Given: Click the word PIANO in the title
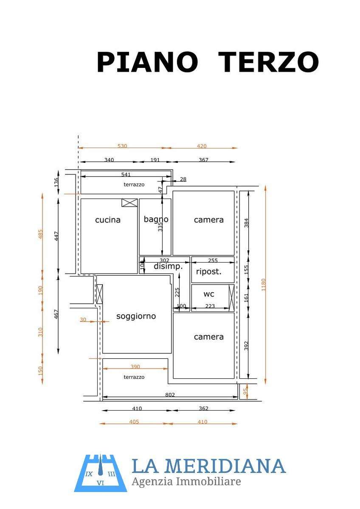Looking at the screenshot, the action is click(147, 62).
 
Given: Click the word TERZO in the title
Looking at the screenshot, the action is click(268, 62).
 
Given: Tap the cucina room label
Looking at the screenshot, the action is click(108, 220).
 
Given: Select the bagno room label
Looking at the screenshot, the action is click(156, 220).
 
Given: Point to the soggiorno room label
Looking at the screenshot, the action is click(136, 316).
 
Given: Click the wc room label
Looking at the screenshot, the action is click(209, 294).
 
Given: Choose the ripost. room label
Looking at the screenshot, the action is click(209, 271).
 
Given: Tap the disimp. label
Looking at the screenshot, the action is click(168, 266).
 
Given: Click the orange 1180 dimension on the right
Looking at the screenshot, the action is click(263, 285).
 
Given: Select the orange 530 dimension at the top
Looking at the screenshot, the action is click(122, 145).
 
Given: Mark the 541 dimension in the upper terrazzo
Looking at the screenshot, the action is click(126, 174).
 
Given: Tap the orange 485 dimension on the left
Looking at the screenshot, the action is click(40, 234).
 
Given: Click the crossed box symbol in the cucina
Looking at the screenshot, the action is click(129, 203).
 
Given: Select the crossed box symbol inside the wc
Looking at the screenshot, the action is click(231, 298).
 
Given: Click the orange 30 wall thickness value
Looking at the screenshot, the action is click(83, 320).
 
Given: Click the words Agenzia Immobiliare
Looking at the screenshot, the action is click(186, 481).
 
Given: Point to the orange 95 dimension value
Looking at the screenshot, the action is click(245, 391).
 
